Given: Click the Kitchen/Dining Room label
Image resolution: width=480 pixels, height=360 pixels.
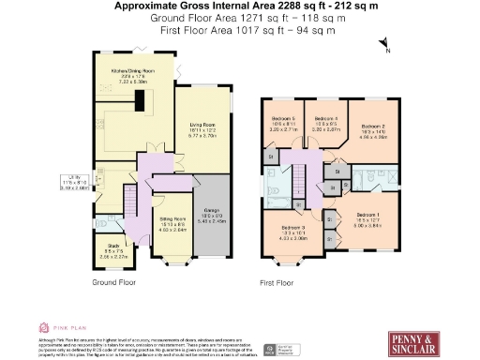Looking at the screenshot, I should (132, 71).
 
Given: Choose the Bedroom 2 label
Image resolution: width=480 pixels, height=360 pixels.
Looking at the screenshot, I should (374, 127).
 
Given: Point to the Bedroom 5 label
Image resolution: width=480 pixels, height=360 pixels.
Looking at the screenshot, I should (283, 119).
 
